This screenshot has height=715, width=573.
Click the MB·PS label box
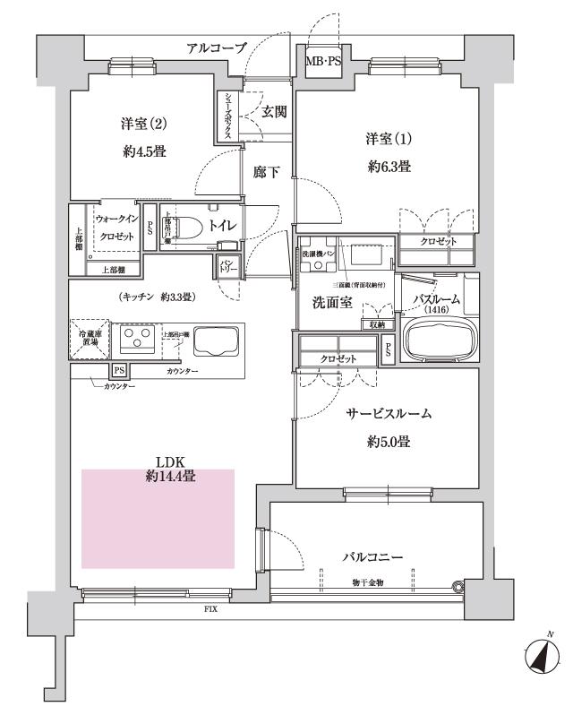[323, 61]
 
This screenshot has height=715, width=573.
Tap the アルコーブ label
[215, 47]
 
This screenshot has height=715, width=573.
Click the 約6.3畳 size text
[388, 166]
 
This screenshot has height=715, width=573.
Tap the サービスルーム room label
[389, 414]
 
